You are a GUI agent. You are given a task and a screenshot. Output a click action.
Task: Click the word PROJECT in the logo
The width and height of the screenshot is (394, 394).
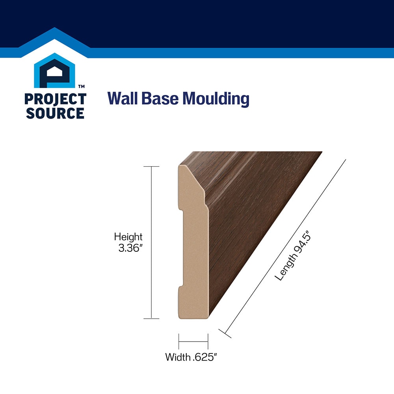[55, 99]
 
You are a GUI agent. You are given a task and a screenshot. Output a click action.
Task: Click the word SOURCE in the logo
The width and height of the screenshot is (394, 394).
[55, 113]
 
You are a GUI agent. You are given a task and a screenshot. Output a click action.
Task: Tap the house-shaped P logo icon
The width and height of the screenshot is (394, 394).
[54, 71]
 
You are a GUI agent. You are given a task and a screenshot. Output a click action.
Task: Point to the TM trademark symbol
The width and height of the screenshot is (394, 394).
[82, 86]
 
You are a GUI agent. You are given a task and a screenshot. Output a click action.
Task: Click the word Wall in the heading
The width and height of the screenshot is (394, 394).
[123, 98]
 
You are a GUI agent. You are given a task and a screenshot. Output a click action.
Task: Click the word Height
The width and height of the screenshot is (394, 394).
[128, 237]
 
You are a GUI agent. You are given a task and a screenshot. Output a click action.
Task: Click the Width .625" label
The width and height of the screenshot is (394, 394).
[191, 357]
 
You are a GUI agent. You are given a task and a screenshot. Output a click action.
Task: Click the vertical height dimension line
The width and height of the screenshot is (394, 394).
[151, 242]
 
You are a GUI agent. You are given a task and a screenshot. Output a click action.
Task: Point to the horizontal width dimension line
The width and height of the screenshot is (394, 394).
[193, 342]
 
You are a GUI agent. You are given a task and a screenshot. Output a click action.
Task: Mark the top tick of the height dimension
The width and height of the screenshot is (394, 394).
[151, 166]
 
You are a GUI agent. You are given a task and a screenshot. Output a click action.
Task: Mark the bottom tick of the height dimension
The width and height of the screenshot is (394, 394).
[151, 319]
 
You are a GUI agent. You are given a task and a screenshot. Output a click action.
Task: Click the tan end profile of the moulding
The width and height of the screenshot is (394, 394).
[193, 251]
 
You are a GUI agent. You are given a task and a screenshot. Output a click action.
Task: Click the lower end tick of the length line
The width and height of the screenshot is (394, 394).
[225, 333]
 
